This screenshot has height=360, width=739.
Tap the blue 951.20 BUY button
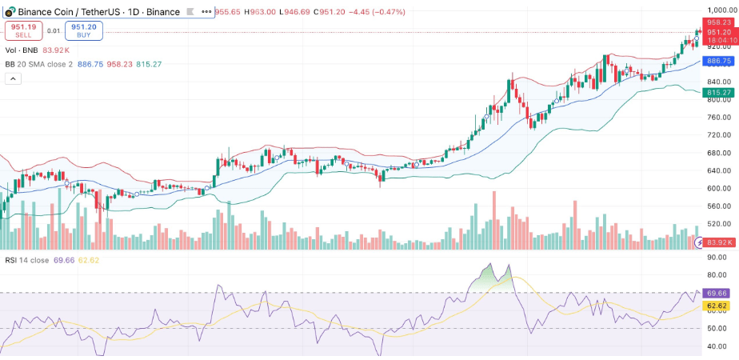(x=85, y=30)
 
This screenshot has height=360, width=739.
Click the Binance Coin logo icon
(x=9, y=12)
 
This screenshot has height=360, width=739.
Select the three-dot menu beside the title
(x=206, y=12)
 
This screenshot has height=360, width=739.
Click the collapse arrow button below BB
(x=13, y=78)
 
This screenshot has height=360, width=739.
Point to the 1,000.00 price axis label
(x=720, y=10)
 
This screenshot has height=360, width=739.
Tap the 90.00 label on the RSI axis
(x=717, y=258)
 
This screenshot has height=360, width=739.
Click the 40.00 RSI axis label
(x=717, y=346)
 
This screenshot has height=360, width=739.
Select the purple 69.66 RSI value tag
(x=718, y=294)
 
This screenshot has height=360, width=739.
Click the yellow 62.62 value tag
(x=718, y=306)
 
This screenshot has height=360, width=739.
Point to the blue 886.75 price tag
(x=718, y=61)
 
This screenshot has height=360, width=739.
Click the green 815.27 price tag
(x=718, y=93)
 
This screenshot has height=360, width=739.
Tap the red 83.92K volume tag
(x=718, y=242)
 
